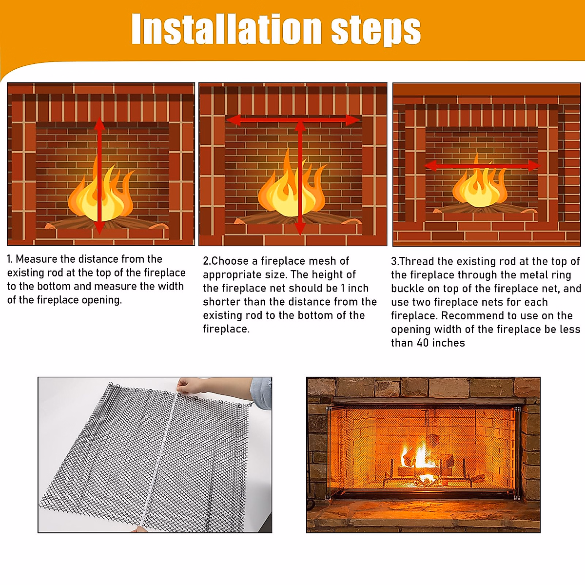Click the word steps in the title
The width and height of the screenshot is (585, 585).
(x=376, y=30)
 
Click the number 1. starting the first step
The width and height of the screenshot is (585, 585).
(x=10, y=259)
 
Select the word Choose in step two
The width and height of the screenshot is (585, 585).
(x=234, y=261)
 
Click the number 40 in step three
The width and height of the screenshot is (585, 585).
(x=423, y=343)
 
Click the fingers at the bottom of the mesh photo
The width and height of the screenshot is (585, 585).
(x=138, y=529)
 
